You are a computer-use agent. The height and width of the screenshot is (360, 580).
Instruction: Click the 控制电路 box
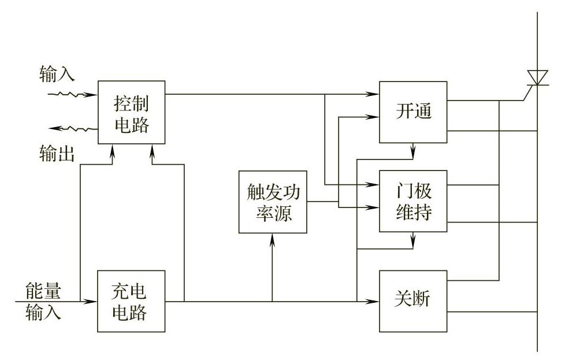coord(131,113)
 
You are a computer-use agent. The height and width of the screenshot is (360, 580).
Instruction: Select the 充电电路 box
coord(131,301)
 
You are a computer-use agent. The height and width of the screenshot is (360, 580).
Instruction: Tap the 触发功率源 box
coord(272,202)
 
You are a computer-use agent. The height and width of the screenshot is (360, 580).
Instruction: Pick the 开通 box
coord(413,112)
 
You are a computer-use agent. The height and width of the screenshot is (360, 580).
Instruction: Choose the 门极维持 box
coord(413,201)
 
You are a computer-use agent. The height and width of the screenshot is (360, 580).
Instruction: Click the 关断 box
coord(413,300)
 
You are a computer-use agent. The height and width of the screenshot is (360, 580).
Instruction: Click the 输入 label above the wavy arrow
coord(57,73)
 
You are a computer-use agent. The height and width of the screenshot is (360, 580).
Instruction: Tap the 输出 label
coord(57,153)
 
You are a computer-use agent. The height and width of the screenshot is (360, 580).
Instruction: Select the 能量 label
coord(43,288)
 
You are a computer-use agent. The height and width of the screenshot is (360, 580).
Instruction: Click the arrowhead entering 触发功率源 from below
coord(272,238)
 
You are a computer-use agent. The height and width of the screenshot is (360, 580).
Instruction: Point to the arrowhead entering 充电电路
coord(92,301)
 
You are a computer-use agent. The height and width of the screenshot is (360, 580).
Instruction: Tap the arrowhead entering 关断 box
coord(374,301)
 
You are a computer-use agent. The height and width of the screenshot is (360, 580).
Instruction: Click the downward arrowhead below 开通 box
coord(413,154)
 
